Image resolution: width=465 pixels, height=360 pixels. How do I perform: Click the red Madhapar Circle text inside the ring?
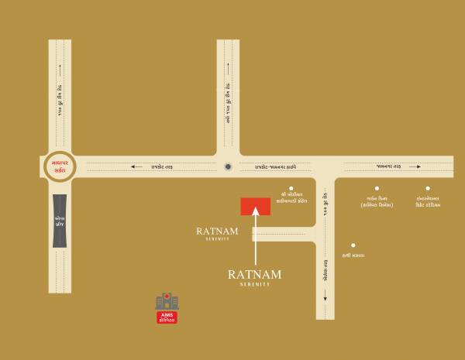pos(59,166)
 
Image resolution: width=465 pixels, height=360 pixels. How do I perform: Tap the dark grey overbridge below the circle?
pos(59,221)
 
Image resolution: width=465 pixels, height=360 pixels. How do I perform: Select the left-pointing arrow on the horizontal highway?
pos(136,166)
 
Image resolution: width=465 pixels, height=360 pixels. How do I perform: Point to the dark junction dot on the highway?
pos(228,166)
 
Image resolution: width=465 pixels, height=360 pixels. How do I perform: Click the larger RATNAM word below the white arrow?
pos(255,274)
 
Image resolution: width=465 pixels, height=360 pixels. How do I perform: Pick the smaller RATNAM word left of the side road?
pos(216,231)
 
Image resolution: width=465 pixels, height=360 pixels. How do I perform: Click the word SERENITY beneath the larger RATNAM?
pos(255,284)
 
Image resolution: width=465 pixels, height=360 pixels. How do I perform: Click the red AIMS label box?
pos(166,317)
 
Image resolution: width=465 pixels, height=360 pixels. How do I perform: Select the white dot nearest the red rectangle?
pos(291,188)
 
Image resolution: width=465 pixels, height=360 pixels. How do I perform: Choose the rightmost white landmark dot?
pos(427,188)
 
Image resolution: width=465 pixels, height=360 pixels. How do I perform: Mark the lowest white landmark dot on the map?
pos(353,245)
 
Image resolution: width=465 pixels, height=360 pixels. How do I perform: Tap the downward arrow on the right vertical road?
pos(325,297)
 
